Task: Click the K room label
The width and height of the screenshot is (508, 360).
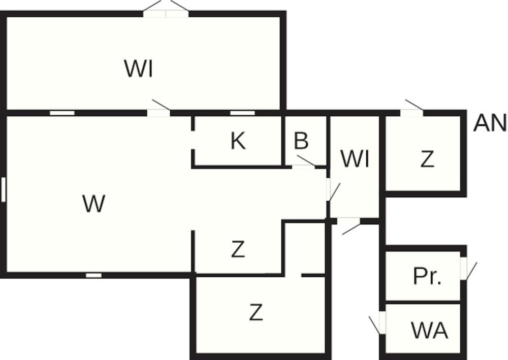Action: point(238,141)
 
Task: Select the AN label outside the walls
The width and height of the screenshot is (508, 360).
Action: point(490,123)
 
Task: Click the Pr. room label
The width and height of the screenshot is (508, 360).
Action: point(427,277)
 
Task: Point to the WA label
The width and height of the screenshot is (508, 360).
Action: point(429,331)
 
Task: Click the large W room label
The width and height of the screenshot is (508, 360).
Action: point(93,204)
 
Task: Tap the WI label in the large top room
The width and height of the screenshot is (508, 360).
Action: point(139,69)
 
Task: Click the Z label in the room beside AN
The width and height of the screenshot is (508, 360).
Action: point(427,159)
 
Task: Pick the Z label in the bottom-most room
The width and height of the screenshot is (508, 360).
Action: point(256,313)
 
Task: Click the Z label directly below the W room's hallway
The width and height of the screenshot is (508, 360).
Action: point(238,249)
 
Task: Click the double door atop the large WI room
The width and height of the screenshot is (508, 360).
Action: point(166,12)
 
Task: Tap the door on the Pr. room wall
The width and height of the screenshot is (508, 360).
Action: point(464,269)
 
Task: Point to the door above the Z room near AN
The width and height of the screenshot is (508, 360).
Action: point(412,112)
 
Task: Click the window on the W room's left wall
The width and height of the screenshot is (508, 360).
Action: point(3,189)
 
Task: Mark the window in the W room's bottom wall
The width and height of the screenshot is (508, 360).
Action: point(93,275)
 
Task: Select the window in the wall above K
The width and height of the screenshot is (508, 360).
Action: point(243,113)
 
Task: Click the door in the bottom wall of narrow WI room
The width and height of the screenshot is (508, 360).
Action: point(348,221)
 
